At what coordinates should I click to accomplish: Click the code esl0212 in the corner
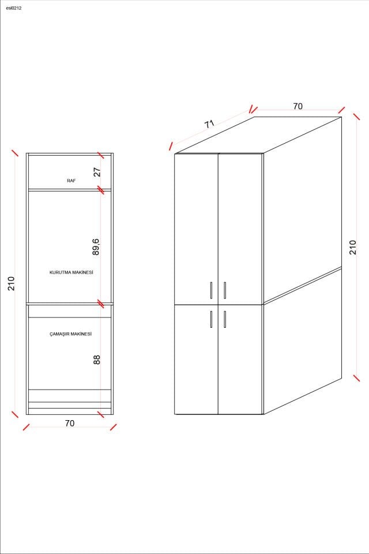[13, 8]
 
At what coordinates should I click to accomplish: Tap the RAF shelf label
[71, 181]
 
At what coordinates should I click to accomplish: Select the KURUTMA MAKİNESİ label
[71, 272]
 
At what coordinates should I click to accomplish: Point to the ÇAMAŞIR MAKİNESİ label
[71, 334]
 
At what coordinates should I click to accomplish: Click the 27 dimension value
[97, 172]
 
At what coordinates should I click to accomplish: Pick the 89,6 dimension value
[96, 246]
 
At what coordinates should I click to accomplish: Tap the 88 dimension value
[97, 359]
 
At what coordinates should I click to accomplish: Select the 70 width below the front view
[70, 423]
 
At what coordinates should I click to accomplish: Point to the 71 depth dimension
[209, 124]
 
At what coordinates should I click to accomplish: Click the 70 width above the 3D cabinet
[298, 106]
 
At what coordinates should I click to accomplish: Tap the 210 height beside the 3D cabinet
[353, 247]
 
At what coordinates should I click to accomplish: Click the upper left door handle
[212, 290]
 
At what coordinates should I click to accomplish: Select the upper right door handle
[225, 290]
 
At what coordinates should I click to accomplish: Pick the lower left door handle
[212, 319]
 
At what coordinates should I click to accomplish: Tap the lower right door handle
[225, 319]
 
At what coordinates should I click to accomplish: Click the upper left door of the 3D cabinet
[196, 228]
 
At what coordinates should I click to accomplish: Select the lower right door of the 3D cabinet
[240, 361]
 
